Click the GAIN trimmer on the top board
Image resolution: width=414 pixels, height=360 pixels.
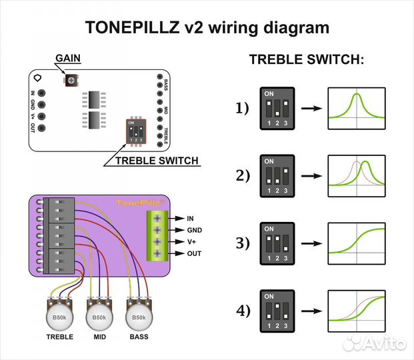pos(71,81)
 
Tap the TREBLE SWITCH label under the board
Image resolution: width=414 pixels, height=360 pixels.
pos(157,161)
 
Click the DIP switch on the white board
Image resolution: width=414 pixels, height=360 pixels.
pos(135,131)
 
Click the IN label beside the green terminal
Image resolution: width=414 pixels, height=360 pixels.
pos(191,218)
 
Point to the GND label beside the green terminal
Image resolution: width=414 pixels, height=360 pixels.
pos(194,230)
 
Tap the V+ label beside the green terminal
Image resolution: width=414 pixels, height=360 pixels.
pos(193,242)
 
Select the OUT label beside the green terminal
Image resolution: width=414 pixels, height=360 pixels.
pos(194,254)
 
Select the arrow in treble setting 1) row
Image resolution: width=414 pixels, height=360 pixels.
pos(309,107)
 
